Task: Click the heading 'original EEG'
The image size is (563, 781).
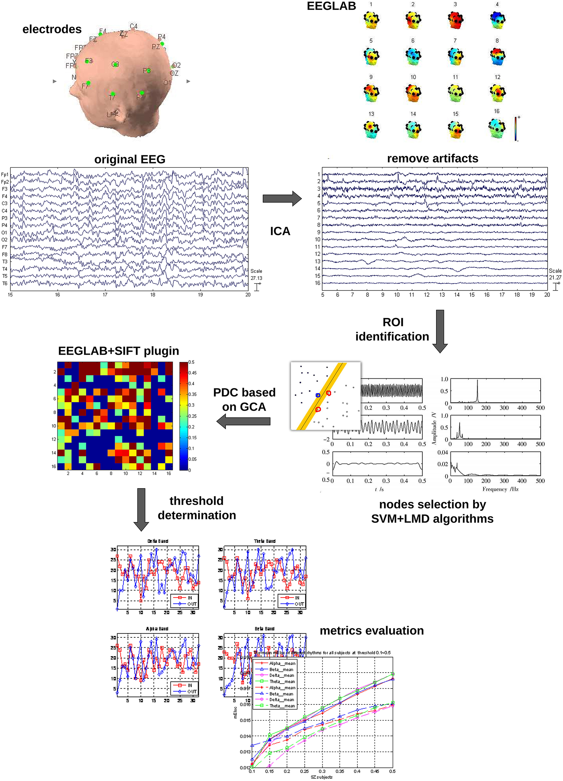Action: click(x=130, y=159)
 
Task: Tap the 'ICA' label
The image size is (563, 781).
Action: click(x=280, y=231)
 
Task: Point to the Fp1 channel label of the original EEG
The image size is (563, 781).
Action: click(x=5, y=174)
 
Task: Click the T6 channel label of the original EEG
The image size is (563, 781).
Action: click(x=5, y=283)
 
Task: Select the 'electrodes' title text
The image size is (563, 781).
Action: click(x=52, y=29)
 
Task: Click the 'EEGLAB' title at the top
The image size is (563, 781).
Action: click(x=331, y=6)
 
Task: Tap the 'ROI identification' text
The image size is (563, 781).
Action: click(x=392, y=329)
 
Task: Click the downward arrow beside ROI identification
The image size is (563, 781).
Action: click(x=440, y=331)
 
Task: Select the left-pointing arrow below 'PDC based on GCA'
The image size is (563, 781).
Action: click(x=244, y=421)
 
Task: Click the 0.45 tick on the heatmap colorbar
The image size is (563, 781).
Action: click(x=192, y=373)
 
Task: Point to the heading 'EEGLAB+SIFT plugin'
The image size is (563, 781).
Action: click(x=118, y=351)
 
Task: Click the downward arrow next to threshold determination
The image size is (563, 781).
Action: click(x=141, y=509)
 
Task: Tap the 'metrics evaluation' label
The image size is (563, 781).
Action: click(x=372, y=630)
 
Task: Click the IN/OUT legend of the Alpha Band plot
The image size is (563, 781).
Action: click(x=185, y=688)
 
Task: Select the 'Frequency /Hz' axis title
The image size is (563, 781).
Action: click(x=500, y=489)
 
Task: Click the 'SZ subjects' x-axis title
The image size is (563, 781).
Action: click(x=321, y=777)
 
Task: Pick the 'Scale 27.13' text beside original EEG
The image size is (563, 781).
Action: click(x=256, y=275)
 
